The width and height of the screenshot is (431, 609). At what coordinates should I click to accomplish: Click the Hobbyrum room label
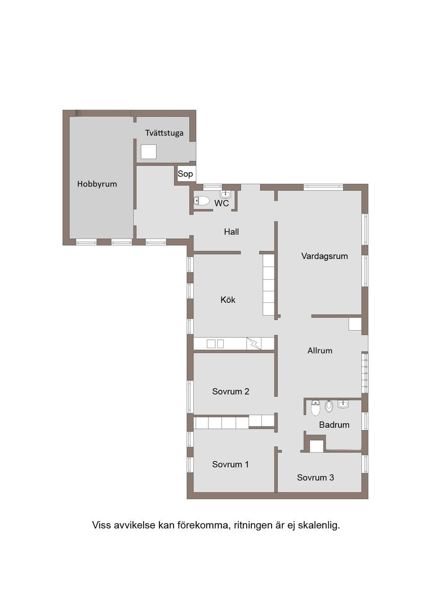coord(97,184)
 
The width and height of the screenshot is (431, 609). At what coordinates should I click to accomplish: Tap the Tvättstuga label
coord(164,133)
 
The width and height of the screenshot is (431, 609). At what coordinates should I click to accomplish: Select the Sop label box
coord(185,174)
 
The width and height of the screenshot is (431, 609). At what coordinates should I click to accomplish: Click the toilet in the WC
coord(202,201)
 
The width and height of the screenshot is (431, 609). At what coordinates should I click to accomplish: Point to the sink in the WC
coord(226,194)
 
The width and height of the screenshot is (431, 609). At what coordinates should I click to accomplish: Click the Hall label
coord(231,232)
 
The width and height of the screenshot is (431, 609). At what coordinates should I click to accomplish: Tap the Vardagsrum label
coord(325,256)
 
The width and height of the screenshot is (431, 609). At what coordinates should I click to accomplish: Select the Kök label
coord(228,300)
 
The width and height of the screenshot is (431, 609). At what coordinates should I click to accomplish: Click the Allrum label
coord(320,350)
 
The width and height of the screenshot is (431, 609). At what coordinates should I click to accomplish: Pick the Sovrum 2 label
coord(231,391)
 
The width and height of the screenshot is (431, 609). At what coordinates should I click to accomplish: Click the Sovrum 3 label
coord(315,477)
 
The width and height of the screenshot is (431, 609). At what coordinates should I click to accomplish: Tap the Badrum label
coord(334,425)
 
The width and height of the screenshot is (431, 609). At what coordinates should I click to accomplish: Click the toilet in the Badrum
coord(315,408)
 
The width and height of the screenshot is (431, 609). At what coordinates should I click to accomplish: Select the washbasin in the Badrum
coord(343,404)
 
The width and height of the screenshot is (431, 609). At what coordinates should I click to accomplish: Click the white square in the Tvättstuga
coord(149,152)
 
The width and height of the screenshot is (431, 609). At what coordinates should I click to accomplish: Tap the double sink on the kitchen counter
coord(215,344)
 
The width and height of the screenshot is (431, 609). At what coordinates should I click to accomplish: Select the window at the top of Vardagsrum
coord(323,187)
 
